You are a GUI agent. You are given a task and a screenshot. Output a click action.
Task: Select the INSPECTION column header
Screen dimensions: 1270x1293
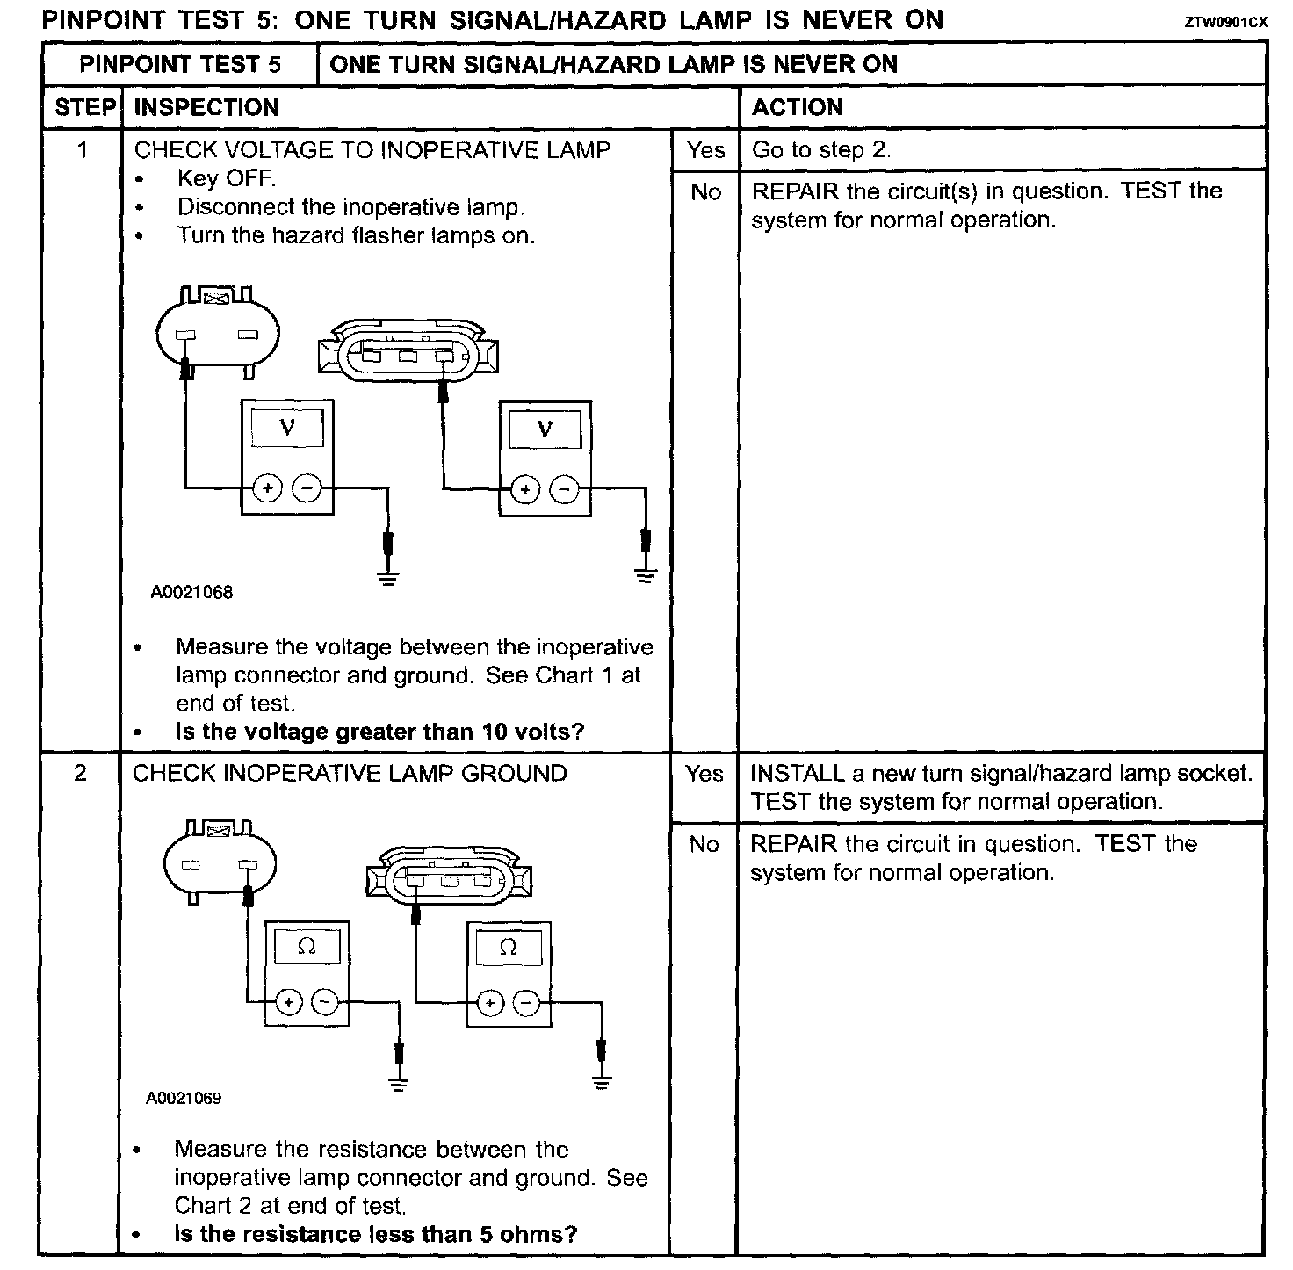206,108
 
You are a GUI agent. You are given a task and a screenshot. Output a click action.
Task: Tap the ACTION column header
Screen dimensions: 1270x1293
798,108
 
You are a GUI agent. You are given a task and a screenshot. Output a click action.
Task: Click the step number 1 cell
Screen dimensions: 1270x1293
83,150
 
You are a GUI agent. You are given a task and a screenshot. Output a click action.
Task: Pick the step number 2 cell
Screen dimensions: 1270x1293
81,774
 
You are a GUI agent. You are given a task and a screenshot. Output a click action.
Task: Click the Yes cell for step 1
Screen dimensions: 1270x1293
706,150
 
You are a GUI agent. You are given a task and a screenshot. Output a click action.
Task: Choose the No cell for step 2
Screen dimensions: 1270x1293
704,844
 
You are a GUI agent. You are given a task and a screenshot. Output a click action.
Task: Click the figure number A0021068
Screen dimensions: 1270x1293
191,592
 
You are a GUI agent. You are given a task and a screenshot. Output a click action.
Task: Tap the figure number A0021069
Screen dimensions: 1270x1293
184,1098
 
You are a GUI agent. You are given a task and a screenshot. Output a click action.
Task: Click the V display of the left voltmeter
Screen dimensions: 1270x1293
287,428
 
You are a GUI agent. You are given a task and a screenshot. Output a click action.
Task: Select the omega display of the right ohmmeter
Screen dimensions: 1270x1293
509,947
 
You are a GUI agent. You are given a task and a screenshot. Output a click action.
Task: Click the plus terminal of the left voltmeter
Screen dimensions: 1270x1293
268,487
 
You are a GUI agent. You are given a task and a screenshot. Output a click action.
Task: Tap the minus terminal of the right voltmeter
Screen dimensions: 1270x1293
565,489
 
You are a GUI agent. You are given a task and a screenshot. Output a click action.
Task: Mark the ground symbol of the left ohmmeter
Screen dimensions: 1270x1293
399,1083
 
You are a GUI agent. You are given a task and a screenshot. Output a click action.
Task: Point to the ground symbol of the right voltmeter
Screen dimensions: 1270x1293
646,576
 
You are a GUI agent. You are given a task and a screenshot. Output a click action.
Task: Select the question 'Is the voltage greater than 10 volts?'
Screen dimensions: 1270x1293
379,732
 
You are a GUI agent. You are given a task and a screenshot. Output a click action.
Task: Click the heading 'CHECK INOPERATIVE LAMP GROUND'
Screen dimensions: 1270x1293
350,774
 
